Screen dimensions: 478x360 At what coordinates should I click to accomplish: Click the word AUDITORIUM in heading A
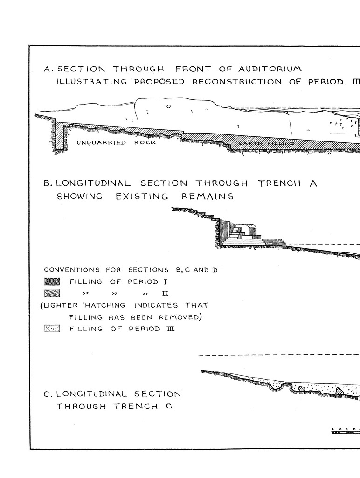(270, 69)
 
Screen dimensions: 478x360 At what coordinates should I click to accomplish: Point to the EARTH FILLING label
(266, 143)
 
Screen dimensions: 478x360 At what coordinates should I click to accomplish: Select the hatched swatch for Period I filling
(52, 281)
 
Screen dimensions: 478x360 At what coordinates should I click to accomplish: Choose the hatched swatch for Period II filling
(52, 293)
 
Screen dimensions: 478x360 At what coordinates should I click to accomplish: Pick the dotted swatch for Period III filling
(52, 329)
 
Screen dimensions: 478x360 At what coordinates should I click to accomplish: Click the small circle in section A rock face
(169, 106)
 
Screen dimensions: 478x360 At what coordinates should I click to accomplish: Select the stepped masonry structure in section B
(245, 233)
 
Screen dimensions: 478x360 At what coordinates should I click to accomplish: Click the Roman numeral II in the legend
(165, 294)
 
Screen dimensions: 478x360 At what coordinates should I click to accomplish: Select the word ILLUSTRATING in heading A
(91, 82)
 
